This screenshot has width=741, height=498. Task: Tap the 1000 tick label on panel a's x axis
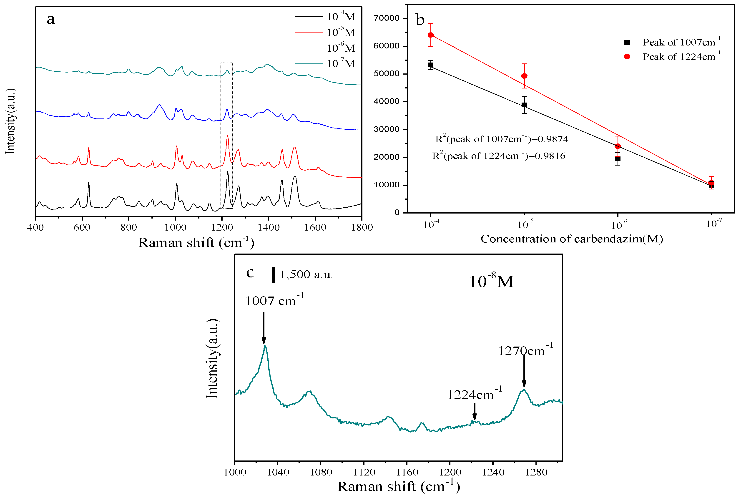(x=175, y=227)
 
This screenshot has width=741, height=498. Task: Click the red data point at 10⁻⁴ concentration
(x=430, y=35)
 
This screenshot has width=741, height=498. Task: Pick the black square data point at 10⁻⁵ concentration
(x=524, y=105)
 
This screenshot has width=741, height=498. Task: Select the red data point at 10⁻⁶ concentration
(x=618, y=146)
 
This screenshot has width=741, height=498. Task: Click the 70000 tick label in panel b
(x=386, y=18)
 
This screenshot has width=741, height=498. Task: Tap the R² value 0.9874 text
(x=501, y=139)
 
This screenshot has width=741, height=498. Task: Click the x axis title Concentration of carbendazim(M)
(x=571, y=239)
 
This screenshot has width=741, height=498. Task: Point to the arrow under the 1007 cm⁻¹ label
(x=264, y=327)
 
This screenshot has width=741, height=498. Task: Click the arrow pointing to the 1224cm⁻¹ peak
(x=474, y=411)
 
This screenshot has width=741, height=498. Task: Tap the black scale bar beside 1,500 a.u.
(x=273, y=275)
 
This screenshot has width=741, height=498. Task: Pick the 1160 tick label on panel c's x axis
(x=407, y=472)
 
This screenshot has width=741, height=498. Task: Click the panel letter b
(x=420, y=20)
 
